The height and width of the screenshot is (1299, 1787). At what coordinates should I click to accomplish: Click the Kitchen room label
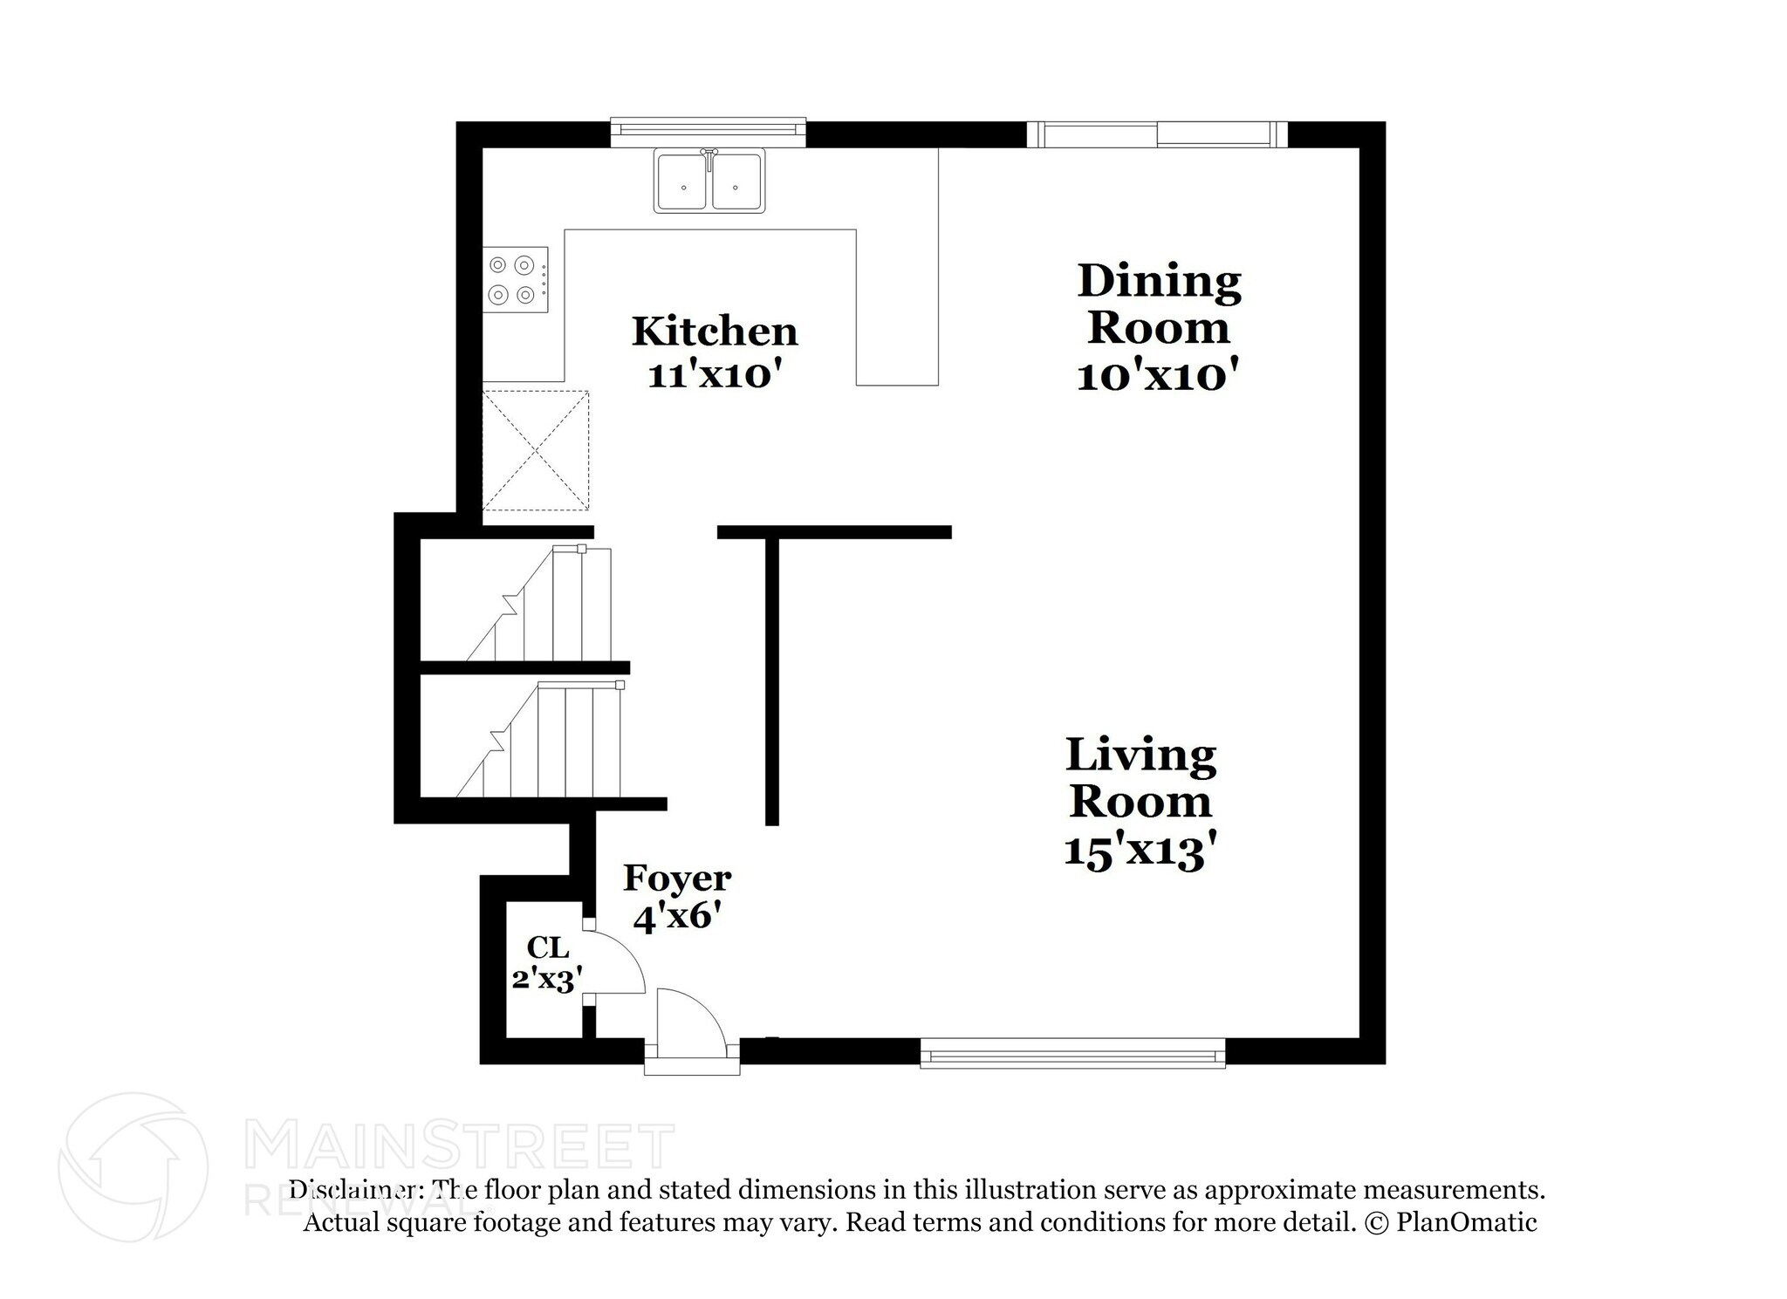pyautogui.click(x=714, y=332)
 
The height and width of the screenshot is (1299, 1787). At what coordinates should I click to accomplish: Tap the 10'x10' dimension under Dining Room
pyautogui.click(x=1158, y=377)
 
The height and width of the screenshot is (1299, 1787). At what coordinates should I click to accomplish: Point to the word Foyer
pyautogui.click(x=676, y=879)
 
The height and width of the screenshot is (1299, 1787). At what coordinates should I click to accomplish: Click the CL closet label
pyautogui.click(x=547, y=947)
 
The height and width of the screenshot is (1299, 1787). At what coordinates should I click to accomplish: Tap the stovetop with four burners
pyautogui.click(x=516, y=279)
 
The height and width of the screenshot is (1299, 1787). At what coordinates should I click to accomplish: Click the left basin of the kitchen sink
pyautogui.click(x=683, y=181)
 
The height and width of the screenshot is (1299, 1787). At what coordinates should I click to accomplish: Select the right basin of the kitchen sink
pyautogui.click(x=736, y=181)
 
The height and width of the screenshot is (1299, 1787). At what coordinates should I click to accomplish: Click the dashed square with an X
pyautogui.click(x=536, y=451)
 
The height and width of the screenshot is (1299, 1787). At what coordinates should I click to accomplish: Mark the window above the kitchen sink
pyautogui.click(x=708, y=129)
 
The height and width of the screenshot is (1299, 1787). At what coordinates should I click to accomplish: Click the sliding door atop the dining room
pyautogui.click(x=1156, y=134)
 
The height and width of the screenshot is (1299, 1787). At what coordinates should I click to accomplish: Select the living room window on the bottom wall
pyautogui.click(x=1072, y=1053)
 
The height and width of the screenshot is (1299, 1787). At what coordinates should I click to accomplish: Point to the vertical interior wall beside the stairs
pyautogui.click(x=771, y=680)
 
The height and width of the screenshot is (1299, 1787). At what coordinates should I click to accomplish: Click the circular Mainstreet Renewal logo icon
pyautogui.click(x=134, y=1167)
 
